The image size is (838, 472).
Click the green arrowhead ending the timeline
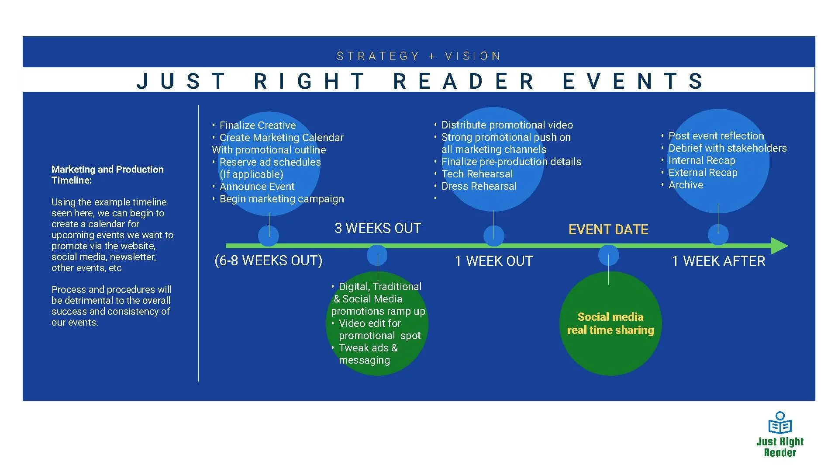click(779, 246)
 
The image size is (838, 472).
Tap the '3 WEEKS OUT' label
click(378, 228)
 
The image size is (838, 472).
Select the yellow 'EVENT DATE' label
click(608, 229)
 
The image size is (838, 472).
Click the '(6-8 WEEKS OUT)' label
click(269, 260)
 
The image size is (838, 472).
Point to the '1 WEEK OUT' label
click(494, 261)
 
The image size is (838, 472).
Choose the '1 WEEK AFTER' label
click(718, 261)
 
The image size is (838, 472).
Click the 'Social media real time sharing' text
click(610, 323)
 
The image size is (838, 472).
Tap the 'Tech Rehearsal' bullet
click(477, 174)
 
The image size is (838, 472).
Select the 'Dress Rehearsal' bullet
click(479, 186)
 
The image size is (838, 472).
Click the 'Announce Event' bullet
click(257, 187)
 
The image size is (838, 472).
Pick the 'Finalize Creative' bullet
click(257, 125)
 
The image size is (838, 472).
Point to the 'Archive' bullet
click(686, 185)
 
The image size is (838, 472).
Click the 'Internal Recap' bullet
click(702, 160)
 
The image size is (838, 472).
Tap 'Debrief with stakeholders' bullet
click(728, 148)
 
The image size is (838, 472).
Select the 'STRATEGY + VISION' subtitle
click(419, 56)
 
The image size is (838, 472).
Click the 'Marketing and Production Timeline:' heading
click(107, 175)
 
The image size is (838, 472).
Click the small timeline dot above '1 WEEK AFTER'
click(718, 235)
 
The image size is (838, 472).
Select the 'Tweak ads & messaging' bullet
click(368, 354)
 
